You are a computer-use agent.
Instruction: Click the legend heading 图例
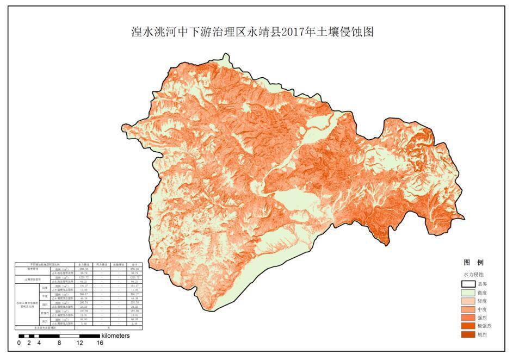pos(473,262)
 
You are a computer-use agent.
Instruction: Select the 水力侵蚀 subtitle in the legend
pos(473,275)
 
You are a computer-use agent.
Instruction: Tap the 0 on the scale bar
pos(18,343)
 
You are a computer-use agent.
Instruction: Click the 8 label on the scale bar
pos(59,343)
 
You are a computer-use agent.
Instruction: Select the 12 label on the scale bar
pos(79,343)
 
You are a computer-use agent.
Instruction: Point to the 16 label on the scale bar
pos(100,343)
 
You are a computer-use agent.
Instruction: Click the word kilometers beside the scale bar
pos(115,336)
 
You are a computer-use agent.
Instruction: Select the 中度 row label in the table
pos(45,296)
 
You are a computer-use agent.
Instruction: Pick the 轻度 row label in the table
pos(45,288)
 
